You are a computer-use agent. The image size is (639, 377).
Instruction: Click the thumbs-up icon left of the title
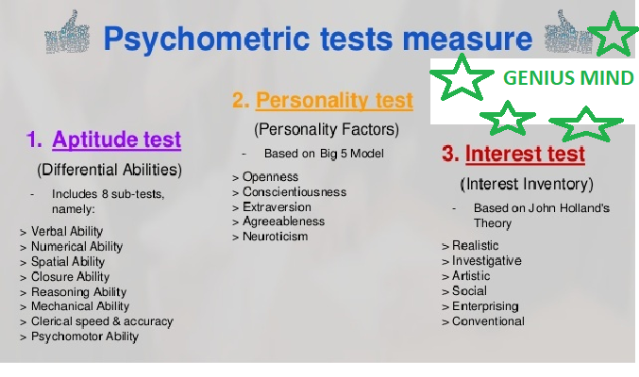click(x=67, y=32)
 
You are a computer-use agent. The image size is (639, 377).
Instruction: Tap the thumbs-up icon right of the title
click(x=567, y=32)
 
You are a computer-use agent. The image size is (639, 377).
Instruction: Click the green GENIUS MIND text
click(x=568, y=78)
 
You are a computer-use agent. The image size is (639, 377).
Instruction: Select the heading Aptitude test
click(x=116, y=139)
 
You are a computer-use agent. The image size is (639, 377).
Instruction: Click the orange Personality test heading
click(x=334, y=100)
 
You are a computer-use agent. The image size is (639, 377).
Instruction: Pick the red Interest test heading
click(x=526, y=154)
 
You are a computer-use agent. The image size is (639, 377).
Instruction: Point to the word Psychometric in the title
click(x=207, y=39)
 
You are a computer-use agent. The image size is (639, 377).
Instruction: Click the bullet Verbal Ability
click(x=67, y=231)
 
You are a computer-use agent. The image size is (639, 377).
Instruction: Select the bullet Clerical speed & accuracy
click(x=102, y=321)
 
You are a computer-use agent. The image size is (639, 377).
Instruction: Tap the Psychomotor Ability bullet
click(x=85, y=336)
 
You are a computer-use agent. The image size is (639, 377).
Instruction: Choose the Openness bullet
click(x=270, y=176)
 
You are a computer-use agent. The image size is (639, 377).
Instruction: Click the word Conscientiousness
click(x=294, y=191)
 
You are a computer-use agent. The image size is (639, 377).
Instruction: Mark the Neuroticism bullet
click(x=275, y=237)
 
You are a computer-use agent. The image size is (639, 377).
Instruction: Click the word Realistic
click(x=475, y=245)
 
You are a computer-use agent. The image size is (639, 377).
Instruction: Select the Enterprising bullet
click(x=485, y=306)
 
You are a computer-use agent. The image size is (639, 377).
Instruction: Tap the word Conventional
click(x=488, y=321)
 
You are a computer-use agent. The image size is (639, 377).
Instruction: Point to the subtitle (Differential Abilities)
click(x=109, y=170)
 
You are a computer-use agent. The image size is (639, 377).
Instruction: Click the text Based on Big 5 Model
click(x=324, y=154)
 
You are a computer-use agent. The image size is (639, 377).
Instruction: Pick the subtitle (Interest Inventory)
click(x=527, y=184)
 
